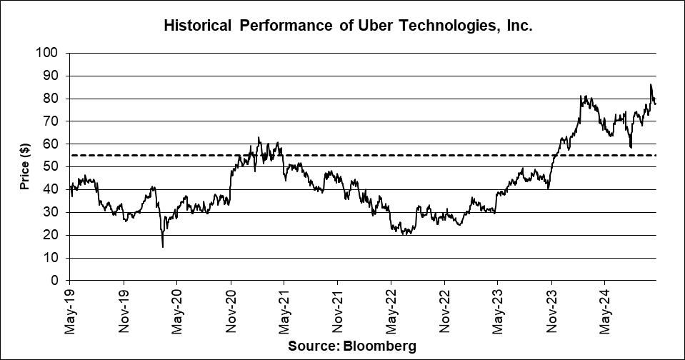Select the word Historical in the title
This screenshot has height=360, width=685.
[x=197, y=26]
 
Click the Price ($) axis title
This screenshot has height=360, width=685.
[x=24, y=166]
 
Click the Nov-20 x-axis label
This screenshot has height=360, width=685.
[x=231, y=311]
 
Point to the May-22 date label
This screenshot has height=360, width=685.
[x=391, y=311]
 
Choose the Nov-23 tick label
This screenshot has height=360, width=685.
[x=551, y=311]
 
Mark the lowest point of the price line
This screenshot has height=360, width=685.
[x=163, y=247]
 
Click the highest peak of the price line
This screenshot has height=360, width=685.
[x=650, y=85]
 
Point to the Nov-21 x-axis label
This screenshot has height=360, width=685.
[x=338, y=311]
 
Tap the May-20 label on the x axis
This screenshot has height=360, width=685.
[x=177, y=311]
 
